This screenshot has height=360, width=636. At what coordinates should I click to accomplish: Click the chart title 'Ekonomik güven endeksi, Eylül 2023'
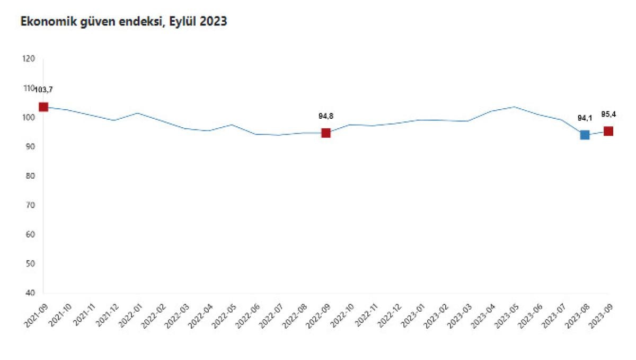click(x=123, y=22)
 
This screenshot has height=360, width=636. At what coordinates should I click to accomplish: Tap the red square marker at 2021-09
click(x=43, y=107)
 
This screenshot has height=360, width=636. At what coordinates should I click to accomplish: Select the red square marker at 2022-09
click(x=326, y=133)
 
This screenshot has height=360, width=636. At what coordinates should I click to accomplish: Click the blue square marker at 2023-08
click(x=585, y=135)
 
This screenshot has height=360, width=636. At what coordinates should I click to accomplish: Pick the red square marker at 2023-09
click(x=608, y=131)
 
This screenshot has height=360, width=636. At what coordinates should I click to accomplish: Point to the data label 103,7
click(x=43, y=89)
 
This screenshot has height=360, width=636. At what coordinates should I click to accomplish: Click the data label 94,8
click(x=325, y=116)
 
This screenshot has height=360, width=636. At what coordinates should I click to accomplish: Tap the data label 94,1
click(x=585, y=118)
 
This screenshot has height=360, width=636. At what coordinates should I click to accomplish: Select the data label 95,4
click(x=608, y=113)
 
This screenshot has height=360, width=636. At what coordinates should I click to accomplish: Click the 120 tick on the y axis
click(x=29, y=59)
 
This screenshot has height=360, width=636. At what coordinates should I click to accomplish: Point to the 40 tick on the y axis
click(x=31, y=293)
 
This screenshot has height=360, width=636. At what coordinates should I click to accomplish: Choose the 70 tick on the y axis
click(x=31, y=205)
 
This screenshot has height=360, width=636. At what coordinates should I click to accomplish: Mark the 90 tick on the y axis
click(x=31, y=147)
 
